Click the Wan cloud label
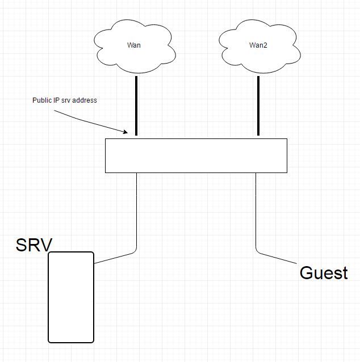pyautogui.click(x=134, y=45)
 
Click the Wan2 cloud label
pyautogui.click(x=258, y=45)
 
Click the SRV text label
pyautogui.click(x=34, y=245)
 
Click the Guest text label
pyautogui.click(x=323, y=273)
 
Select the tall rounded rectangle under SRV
pyautogui.click(x=71, y=297)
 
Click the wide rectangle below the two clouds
pyautogui.click(x=196, y=155)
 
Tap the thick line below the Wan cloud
pyautogui.click(x=136, y=106)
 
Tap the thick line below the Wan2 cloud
pyautogui.click(x=258, y=106)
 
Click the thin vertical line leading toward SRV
pyautogui.click(x=136, y=210)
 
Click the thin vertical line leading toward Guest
pyautogui.click(x=256, y=210)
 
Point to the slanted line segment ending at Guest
pyautogui.click(x=278, y=259)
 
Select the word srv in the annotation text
pyautogui.click(x=66, y=100)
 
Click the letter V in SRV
pyautogui.click(x=46, y=245)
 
